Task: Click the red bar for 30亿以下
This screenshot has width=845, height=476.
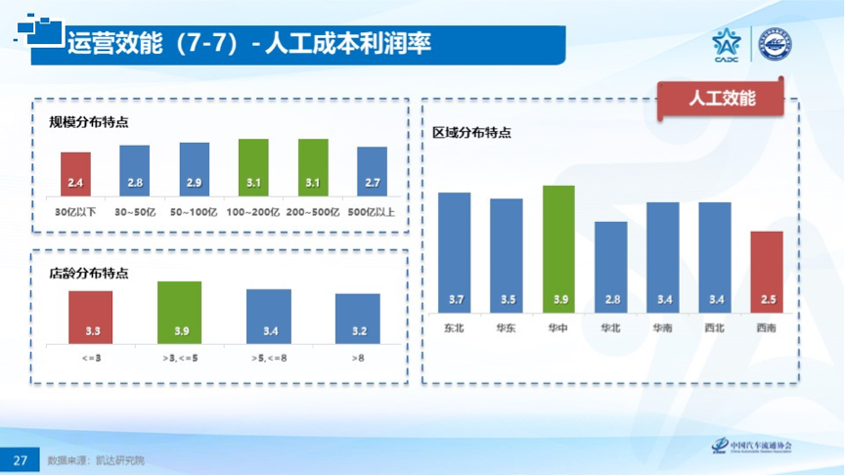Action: pyautogui.click(x=75, y=174)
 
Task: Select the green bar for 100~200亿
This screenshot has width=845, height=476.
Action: pyautogui.click(x=253, y=167)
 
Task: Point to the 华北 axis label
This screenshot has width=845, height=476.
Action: pyautogui.click(x=611, y=328)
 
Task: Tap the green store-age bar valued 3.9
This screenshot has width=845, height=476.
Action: pyautogui.click(x=180, y=312)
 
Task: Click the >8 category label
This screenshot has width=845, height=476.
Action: pyautogui.click(x=358, y=358)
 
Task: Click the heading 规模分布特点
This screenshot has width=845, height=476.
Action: pyautogui.click(x=89, y=122)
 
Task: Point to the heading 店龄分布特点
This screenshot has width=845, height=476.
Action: pyautogui.click(x=89, y=273)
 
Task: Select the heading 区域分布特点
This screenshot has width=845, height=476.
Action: pyautogui.click(x=472, y=134)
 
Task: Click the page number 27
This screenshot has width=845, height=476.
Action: pyautogui.click(x=20, y=459)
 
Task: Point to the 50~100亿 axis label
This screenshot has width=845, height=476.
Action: pyautogui.click(x=194, y=210)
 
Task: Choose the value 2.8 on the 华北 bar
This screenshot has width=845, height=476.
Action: pyautogui.click(x=611, y=299)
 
